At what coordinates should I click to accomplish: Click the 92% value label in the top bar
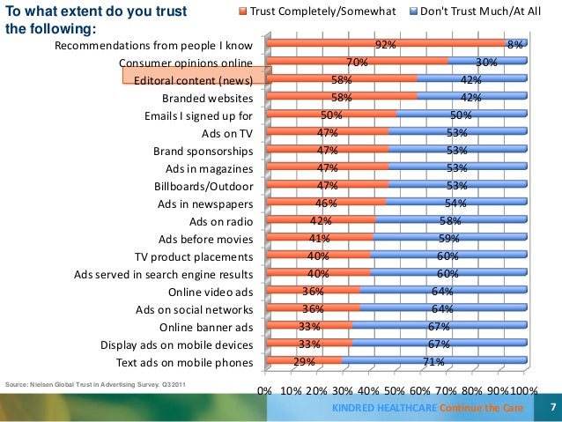click(385, 45)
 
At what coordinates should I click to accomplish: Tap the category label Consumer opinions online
click(186, 63)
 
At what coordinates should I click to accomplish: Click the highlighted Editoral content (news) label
click(194, 80)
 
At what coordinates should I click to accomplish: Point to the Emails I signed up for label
click(198, 115)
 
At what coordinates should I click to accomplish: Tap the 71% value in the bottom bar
click(434, 362)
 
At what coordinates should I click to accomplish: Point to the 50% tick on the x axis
click(395, 389)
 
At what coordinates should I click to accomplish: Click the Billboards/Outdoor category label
click(203, 186)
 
